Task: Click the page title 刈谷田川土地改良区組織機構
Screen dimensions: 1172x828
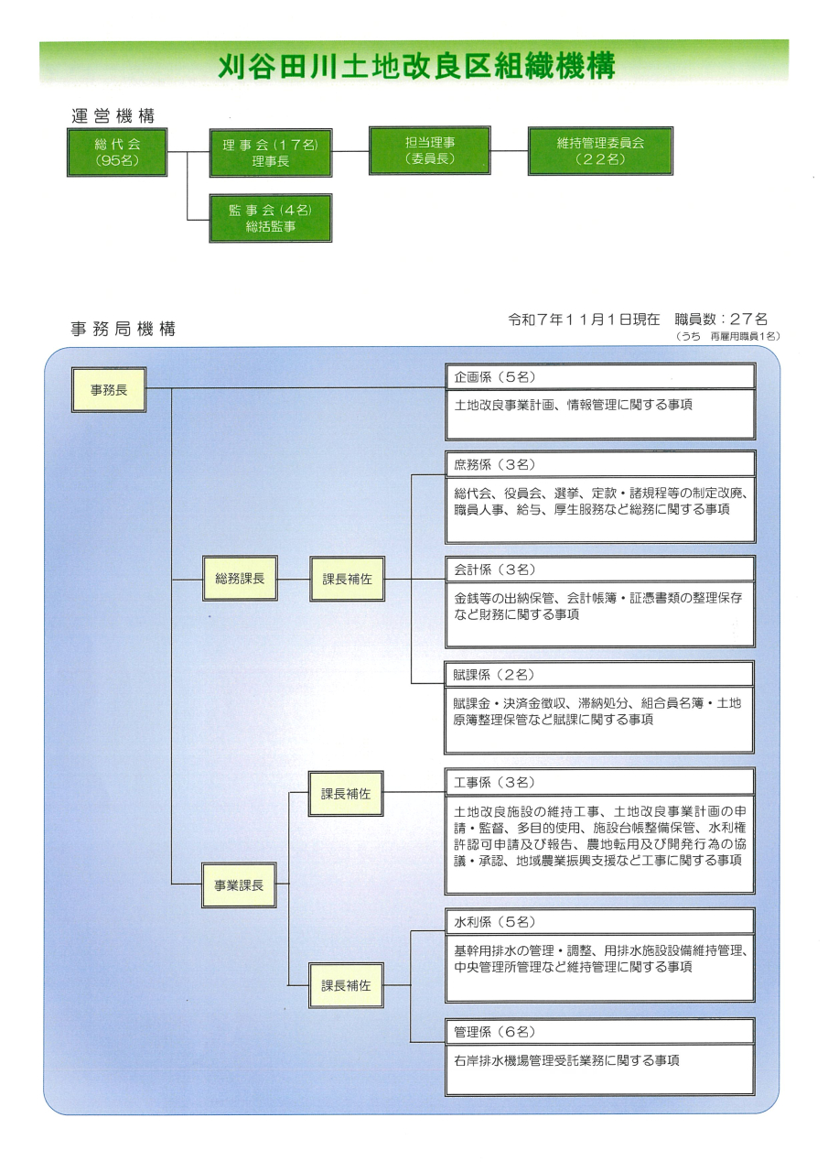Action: click(x=415, y=65)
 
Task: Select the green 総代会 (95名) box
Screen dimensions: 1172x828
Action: click(x=117, y=152)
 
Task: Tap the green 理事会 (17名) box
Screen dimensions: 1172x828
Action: click(x=270, y=152)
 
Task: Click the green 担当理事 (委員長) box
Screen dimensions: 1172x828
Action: click(x=429, y=151)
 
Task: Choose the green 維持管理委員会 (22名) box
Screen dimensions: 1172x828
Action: click(x=600, y=151)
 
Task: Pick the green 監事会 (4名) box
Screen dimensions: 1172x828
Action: click(x=270, y=218)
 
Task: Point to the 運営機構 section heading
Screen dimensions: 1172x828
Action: click(x=113, y=116)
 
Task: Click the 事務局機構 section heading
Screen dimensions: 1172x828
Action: click(x=123, y=329)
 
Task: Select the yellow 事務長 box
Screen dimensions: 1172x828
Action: click(x=109, y=389)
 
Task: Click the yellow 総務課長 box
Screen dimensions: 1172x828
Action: click(x=240, y=579)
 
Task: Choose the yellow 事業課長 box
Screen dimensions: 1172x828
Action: click(x=239, y=884)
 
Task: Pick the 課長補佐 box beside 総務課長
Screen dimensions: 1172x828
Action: click(x=347, y=579)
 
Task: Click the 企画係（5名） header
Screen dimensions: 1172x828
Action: click(x=494, y=377)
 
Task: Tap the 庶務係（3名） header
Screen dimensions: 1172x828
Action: click(x=494, y=464)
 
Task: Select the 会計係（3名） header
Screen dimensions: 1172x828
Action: click(x=494, y=570)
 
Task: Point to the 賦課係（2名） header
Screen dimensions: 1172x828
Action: click(x=494, y=675)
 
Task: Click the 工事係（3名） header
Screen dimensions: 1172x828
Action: click(x=494, y=782)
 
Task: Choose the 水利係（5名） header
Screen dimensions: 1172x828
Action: click(x=494, y=921)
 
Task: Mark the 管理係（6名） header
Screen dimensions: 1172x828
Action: click(x=494, y=1031)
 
